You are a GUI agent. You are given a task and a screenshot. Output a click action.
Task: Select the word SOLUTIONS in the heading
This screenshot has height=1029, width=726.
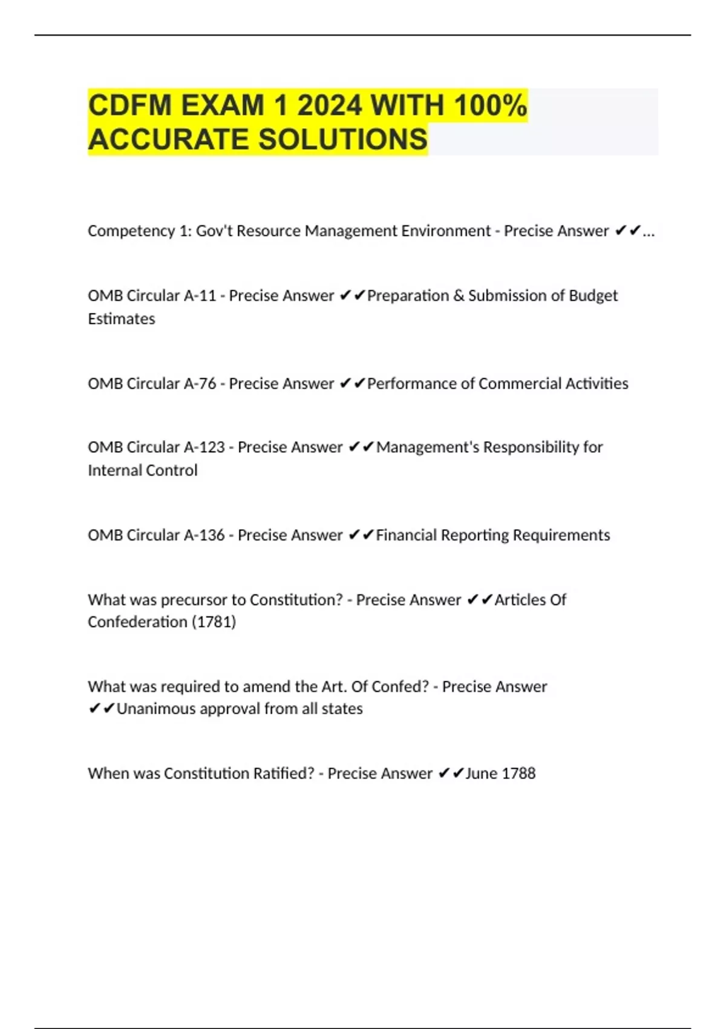click(343, 139)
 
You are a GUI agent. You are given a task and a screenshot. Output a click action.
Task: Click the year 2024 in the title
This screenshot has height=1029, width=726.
click(329, 105)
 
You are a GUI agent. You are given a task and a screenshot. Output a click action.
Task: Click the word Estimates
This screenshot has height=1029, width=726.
click(122, 319)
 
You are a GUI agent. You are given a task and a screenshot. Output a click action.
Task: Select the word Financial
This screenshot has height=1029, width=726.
click(406, 535)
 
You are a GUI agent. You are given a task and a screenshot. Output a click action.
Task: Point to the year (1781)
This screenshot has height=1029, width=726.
click(214, 622)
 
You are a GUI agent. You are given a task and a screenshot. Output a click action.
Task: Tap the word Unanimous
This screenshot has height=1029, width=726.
click(155, 709)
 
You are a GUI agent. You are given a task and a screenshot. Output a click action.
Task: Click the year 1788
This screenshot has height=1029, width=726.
click(518, 774)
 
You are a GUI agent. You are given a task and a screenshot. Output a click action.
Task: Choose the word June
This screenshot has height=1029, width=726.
click(482, 774)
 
